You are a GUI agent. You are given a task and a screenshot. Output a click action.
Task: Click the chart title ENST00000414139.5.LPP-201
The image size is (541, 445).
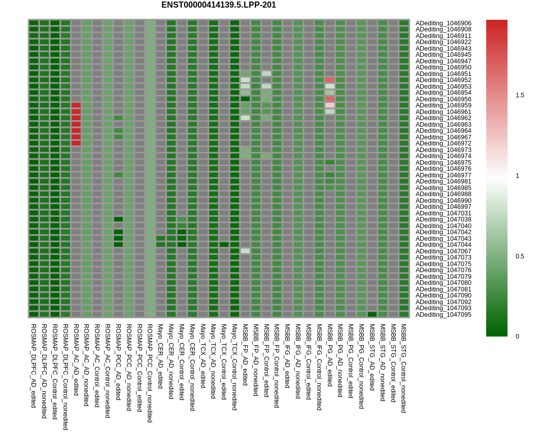pos(219,5)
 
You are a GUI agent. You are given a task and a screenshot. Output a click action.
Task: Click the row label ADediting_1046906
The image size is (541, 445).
pos(443,23)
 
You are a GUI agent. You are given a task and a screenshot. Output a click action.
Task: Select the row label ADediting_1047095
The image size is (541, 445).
pos(443,315)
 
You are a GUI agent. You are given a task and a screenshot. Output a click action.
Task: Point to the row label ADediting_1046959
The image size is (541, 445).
pos(443,105)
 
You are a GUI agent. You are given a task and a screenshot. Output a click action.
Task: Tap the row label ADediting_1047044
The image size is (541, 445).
pos(443,245)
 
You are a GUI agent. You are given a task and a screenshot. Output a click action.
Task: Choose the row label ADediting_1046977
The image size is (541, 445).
pos(443,175)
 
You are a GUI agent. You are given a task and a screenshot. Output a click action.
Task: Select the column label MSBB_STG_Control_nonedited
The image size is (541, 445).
pos(404,368)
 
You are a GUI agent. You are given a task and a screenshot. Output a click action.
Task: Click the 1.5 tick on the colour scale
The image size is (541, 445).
pos(520,95)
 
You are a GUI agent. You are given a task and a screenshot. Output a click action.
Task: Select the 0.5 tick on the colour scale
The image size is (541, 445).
pos(520,256)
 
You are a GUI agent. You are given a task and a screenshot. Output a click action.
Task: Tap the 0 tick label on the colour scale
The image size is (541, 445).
pos(517,337)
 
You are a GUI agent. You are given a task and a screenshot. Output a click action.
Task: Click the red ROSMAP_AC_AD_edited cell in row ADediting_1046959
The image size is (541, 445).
pos(76,105)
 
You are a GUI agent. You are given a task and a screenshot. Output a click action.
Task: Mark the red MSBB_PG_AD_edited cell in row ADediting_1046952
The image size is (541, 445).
pos(330,80)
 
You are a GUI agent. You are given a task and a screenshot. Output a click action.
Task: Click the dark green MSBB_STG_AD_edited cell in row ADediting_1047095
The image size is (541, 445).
pos(372,314)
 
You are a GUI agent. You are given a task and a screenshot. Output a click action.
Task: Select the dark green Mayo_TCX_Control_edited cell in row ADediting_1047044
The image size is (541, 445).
pos(224,245)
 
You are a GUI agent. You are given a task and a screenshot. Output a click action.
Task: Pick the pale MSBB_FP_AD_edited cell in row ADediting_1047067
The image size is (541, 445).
pos(245,251)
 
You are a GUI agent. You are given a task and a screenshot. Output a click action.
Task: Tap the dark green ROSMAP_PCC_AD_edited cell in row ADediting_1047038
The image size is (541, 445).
pos(118,219)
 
